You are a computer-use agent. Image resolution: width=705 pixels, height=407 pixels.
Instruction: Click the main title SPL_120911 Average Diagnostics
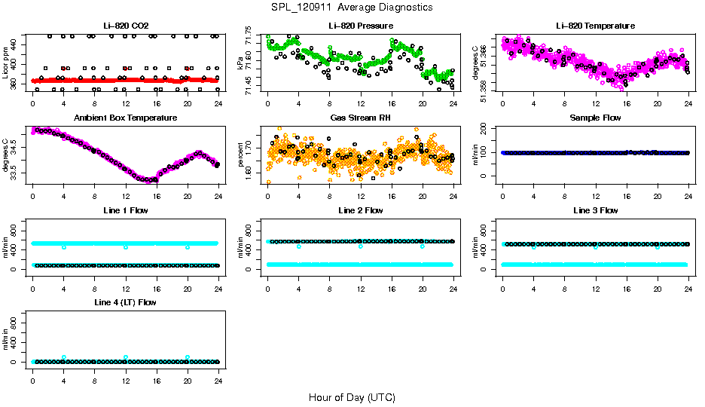point(352,7)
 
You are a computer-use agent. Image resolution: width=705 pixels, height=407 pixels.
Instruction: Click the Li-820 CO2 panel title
point(125,26)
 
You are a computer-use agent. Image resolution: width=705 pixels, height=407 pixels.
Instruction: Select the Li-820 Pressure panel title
point(360,26)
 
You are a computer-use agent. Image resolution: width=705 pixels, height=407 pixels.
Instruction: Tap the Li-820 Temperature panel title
point(595,26)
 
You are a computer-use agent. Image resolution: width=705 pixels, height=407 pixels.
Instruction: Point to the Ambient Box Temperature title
point(125,118)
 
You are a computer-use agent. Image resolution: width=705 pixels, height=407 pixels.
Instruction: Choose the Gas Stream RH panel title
point(360,118)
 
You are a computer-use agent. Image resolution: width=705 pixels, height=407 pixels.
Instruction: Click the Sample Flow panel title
point(595,118)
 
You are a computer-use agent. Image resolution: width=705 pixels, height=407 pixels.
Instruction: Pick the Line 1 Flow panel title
point(125,210)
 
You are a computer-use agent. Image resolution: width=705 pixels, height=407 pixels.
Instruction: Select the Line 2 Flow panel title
point(360,210)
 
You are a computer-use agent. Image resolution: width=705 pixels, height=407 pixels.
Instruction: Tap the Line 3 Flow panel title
point(595,210)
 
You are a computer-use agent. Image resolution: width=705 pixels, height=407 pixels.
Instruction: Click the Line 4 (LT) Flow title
point(125,302)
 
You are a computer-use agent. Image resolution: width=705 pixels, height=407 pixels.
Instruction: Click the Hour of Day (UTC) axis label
point(352,396)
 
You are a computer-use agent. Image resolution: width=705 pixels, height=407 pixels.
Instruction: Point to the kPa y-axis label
point(240,63)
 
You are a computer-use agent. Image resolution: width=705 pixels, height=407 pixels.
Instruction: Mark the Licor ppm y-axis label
point(5,63)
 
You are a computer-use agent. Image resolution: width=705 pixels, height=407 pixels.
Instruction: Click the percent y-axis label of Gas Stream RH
point(240,155)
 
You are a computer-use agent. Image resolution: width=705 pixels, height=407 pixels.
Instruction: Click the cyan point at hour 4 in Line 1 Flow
point(64,246)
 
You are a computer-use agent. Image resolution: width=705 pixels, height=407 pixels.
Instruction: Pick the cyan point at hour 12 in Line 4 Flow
point(126,357)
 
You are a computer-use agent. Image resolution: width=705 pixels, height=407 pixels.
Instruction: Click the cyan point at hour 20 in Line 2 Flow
point(423,246)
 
